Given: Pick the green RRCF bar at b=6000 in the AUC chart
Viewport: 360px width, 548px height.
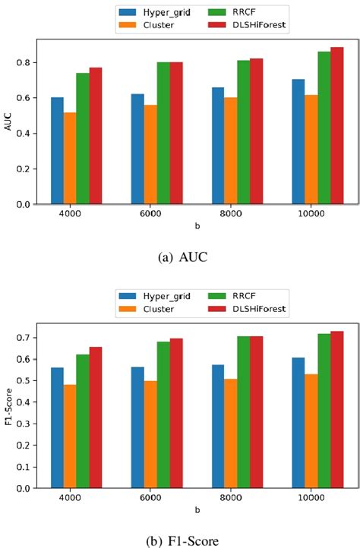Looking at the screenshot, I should [163, 134].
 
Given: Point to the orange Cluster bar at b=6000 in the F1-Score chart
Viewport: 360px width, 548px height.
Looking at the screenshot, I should [150, 434].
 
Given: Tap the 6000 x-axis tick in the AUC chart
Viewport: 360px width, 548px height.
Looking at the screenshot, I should [150, 216].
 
